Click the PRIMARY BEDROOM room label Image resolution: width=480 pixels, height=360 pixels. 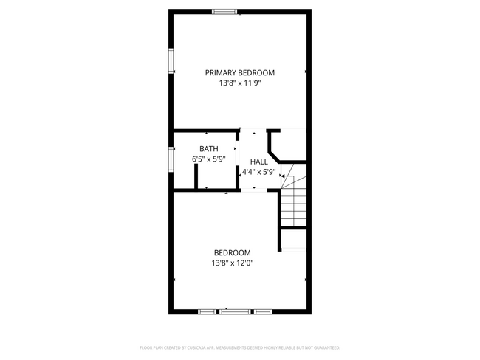(x=240, y=72)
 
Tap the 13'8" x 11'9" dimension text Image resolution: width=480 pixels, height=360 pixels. (x=240, y=83)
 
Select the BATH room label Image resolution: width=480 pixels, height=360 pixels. (x=209, y=149)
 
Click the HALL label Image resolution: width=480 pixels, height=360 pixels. (x=258, y=162)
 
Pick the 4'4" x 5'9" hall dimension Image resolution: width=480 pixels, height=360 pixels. (x=258, y=172)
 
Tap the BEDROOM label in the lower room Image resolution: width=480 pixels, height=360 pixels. (x=233, y=252)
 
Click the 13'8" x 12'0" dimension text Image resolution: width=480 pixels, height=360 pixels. (x=233, y=263)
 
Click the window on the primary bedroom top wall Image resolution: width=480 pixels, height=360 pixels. (x=224, y=11)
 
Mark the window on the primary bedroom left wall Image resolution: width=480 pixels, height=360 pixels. (x=171, y=60)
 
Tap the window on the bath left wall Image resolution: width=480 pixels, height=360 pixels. (x=171, y=158)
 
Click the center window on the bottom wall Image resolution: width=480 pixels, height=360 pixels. (x=235, y=312)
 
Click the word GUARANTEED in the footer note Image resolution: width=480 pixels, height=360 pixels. (x=324, y=347)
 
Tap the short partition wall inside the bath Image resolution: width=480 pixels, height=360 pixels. (x=196, y=177)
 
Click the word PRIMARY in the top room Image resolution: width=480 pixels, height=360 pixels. (x=221, y=72)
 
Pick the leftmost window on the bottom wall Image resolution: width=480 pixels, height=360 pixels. (x=208, y=312)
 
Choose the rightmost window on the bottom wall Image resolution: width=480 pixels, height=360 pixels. (x=263, y=312)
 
